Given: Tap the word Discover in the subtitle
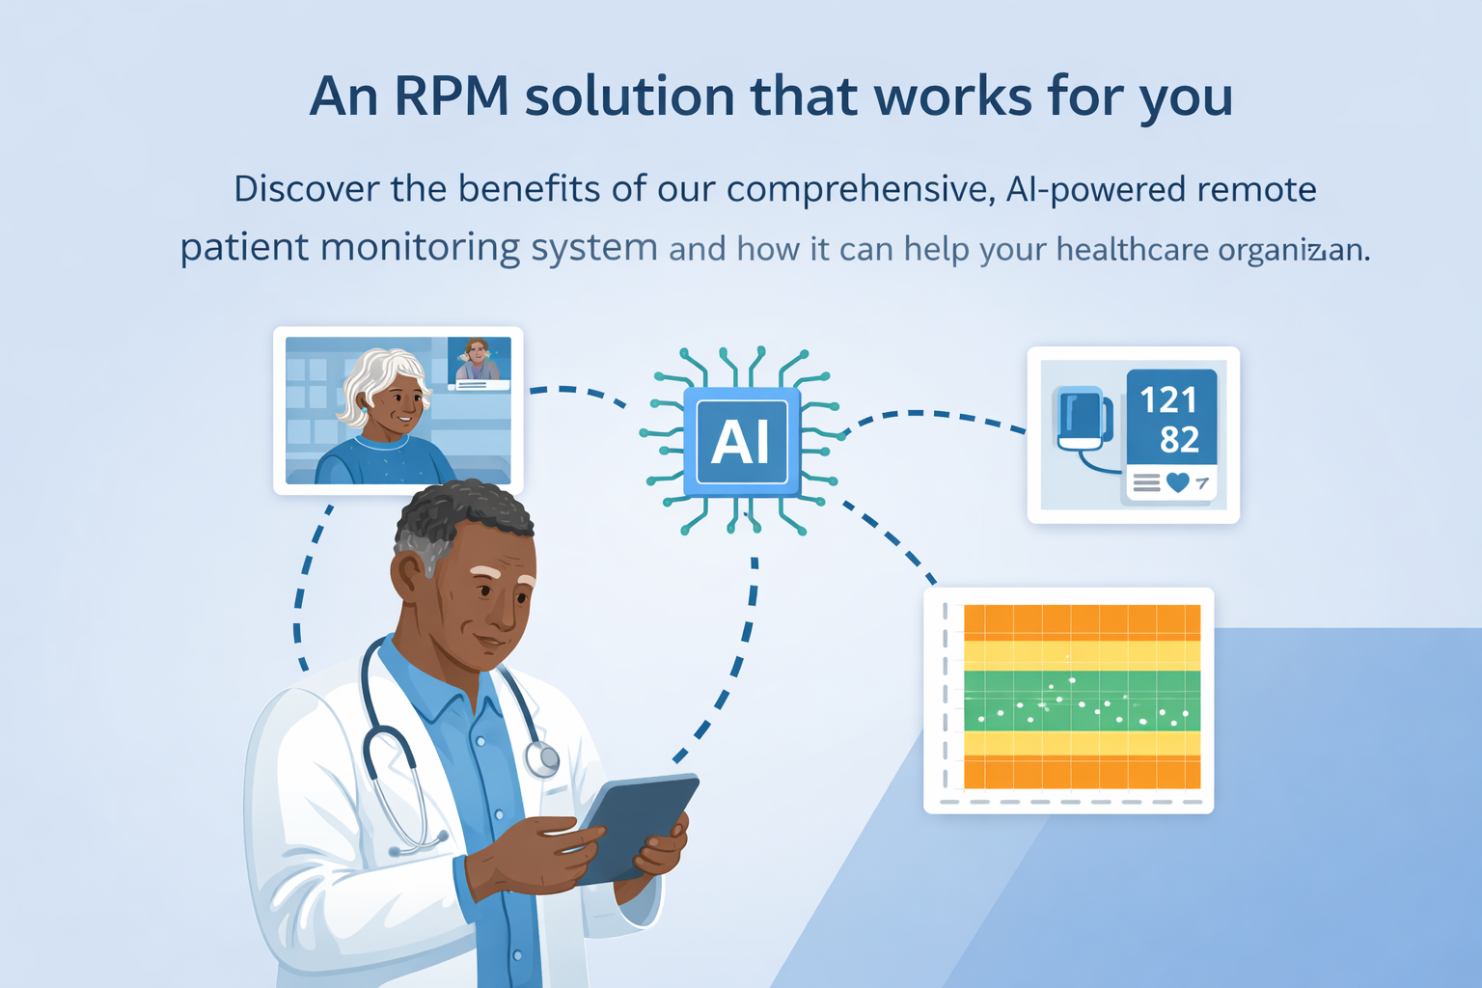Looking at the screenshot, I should pyautogui.click(x=306, y=189).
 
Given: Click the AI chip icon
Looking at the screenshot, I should pyautogui.click(x=740, y=442).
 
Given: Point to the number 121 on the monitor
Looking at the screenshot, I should pyautogui.click(x=1167, y=399).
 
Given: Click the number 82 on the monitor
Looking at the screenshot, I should pyautogui.click(x=1179, y=440).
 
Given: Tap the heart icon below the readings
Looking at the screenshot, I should pyautogui.click(x=1177, y=481).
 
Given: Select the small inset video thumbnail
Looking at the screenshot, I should pyautogui.click(x=479, y=363).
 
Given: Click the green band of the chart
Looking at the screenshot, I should pyautogui.click(x=1082, y=701).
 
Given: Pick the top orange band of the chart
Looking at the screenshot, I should pyautogui.click(x=1082, y=621).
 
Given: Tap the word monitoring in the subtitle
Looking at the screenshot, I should pyautogui.click(x=420, y=248).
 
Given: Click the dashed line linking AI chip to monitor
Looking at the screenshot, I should pyautogui.click(x=931, y=416).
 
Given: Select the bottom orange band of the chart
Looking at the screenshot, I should pyautogui.click(x=1082, y=772).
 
